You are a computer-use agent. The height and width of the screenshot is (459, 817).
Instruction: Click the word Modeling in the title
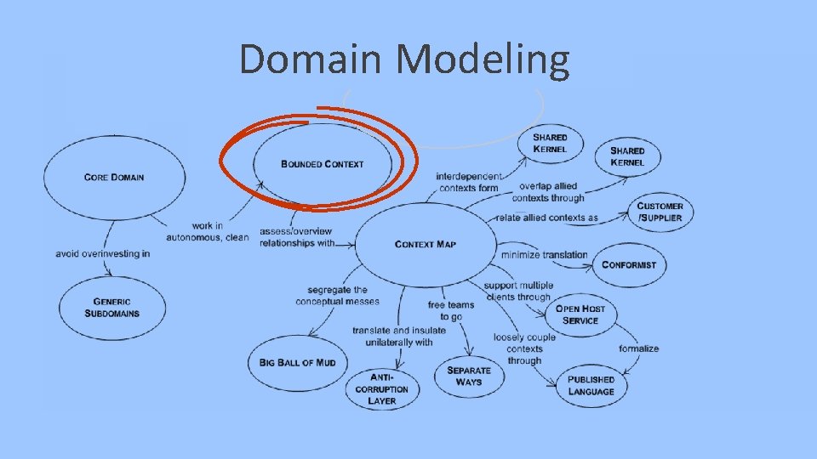click(x=483, y=60)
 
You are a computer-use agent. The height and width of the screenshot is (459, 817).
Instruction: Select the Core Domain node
click(x=114, y=178)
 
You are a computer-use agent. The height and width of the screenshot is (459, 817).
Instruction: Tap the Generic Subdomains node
click(x=111, y=307)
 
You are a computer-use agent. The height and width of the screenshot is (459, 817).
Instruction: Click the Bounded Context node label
click(x=322, y=164)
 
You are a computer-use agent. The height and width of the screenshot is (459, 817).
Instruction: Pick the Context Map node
click(x=426, y=244)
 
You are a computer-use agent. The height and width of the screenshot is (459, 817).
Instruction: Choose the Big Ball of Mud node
click(x=298, y=362)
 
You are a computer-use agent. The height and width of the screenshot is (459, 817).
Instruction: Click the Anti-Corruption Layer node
click(x=382, y=388)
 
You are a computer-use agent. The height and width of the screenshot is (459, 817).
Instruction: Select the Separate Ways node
click(x=468, y=376)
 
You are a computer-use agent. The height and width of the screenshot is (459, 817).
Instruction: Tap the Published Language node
click(x=591, y=385)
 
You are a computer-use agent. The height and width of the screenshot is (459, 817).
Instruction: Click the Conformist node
click(x=629, y=264)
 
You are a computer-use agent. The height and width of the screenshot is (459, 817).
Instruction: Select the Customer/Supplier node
click(x=660, y=212)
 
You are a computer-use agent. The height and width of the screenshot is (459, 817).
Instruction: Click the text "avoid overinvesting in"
click(x=102, y=253)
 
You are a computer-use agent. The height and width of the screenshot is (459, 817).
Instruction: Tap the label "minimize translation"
click(x=545, y=254)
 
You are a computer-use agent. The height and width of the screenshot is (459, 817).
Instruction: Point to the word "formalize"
click(x=639, y=348)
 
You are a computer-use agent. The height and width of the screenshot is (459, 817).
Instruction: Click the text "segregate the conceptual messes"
click(x=337, y=296)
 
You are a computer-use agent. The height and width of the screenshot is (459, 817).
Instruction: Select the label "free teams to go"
click(x=451, y=310)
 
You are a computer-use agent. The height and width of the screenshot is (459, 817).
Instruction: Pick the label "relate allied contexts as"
click(x=546, y=218)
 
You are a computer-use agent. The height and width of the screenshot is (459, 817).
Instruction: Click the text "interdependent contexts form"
click(x=468, y=182)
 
